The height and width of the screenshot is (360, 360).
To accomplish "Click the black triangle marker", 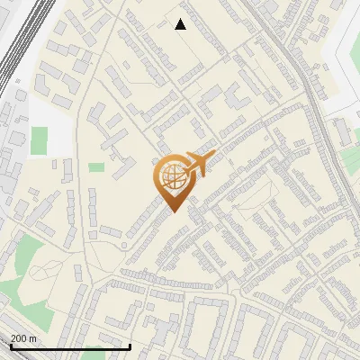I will click(x=180, y=24).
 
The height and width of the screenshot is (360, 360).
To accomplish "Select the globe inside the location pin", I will click(x=174, y=178).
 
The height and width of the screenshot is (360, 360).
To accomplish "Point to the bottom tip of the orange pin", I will click(x=172, y=211).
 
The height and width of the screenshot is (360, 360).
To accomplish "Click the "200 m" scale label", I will click(x=23, y=338).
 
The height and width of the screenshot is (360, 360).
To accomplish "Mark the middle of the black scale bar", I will click(x=71, y=346).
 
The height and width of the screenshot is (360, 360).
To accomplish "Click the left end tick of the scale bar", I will click(x=12, y=346).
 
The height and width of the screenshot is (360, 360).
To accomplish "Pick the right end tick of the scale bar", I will click(x=130, y=346).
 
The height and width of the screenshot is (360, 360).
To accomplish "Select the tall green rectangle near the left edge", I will click(x=39, y=139).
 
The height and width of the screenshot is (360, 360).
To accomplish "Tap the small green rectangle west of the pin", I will click(x=96, y=166).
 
